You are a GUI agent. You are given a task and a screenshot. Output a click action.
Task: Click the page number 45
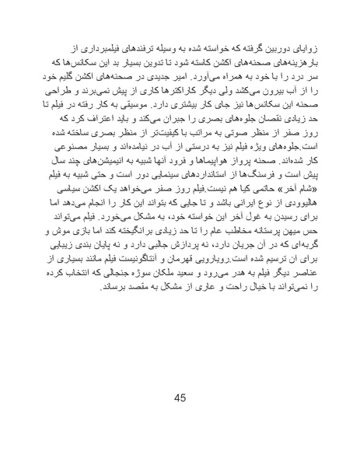(x=180, y=400)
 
